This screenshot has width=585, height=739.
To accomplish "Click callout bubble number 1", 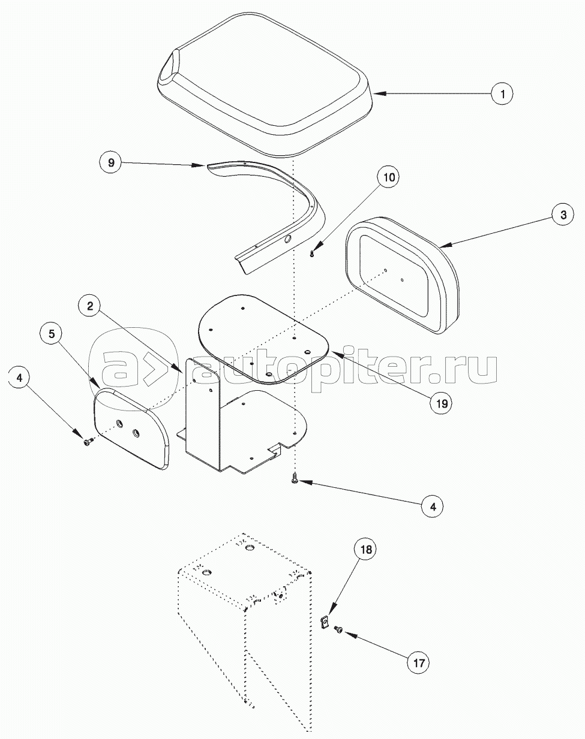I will tap(503, 93).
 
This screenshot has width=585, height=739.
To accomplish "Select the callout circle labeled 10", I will tap(389, 178).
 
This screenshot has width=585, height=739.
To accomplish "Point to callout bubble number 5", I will tap(53, 334).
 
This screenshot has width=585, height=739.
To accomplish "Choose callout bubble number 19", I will tap(441, 403).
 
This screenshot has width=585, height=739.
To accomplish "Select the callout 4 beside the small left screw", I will tap(21, 378).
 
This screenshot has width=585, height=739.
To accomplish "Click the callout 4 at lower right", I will tap(431, 506).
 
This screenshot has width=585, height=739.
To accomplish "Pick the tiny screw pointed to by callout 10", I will tap(313, 254).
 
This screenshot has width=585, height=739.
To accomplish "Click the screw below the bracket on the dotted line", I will tap(295, 478).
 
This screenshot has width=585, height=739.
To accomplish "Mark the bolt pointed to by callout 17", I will tap(338, 629).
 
